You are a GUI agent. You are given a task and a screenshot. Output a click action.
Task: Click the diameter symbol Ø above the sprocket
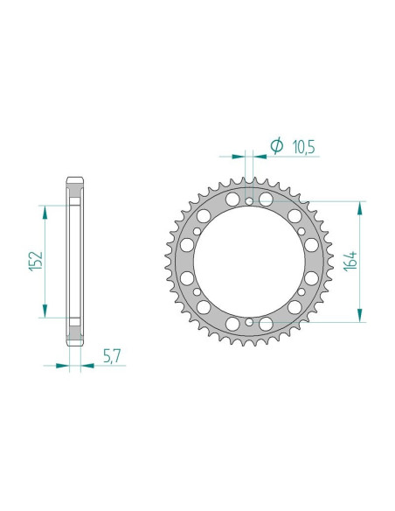click(276, 146)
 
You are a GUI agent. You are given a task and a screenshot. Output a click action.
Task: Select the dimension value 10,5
click(301, 146)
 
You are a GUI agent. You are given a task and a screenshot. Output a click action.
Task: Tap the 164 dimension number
click(351, 262)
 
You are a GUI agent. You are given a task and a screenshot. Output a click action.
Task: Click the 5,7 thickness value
click(113, 356)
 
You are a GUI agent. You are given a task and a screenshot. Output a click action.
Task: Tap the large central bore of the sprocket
click(249, 262)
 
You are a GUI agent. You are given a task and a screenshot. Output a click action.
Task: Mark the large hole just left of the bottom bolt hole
click(233, 324)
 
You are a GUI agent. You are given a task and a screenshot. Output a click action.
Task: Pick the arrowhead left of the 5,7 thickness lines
click(62, 367)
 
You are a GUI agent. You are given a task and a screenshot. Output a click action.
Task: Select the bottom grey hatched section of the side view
click(74, 333)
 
